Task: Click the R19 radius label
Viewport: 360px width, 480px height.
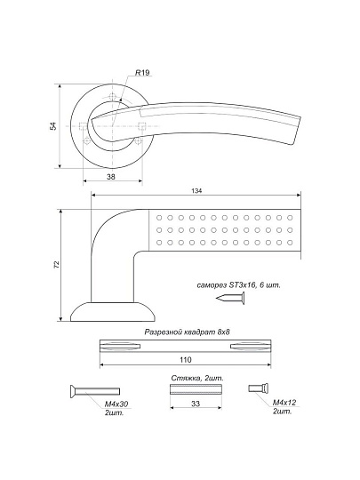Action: pos(142,73)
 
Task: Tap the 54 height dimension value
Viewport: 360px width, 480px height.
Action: pos(53,126)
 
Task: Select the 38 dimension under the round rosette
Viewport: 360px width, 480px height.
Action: pos(111,177)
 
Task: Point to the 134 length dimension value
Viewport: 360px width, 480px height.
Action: pos(196,191)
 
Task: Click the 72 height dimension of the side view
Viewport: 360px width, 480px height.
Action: pos(56,265)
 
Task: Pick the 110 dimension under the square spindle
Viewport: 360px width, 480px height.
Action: pos(186,359)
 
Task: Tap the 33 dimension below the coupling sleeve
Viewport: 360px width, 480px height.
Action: pos(196,404)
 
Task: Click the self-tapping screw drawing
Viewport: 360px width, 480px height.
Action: pos(230,298)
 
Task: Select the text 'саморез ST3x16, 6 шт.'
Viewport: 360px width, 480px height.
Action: pos(239,285)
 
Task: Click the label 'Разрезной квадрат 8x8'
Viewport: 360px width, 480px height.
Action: pos(187,332)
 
